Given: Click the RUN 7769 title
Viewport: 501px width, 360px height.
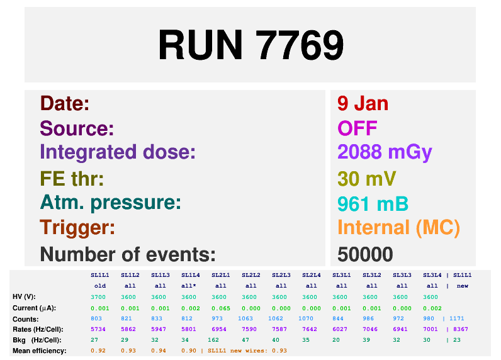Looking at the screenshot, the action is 251,45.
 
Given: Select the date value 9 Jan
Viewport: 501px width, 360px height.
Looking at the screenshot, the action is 363,103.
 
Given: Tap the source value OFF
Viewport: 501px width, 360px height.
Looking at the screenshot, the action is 357,128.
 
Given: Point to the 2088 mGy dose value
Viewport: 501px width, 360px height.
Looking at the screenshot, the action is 385,152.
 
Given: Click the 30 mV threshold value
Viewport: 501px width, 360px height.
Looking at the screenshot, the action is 366,178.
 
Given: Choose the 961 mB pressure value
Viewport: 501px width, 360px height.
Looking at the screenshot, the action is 373,204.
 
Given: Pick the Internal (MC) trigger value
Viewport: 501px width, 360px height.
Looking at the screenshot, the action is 399,228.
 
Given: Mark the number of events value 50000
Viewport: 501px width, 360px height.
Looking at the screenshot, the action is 365,254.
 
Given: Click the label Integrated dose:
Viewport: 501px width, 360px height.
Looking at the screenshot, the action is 118,152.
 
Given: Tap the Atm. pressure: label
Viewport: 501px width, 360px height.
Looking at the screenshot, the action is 111,203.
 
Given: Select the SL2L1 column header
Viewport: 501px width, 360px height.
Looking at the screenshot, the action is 220,275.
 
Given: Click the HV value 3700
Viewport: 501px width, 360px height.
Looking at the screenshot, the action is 98,297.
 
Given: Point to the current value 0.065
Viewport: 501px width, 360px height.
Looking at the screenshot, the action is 221,308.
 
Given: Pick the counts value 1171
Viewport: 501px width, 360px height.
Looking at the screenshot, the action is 456,318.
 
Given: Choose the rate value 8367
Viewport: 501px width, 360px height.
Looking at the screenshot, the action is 461,329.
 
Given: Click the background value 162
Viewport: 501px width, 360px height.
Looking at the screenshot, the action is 213,340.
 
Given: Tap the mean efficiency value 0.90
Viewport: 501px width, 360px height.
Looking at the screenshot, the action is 189,351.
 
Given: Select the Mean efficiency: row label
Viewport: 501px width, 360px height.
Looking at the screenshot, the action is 40,351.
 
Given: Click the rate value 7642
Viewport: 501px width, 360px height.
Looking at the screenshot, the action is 310,329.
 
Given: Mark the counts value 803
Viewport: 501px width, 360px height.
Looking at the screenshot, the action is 96,318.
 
